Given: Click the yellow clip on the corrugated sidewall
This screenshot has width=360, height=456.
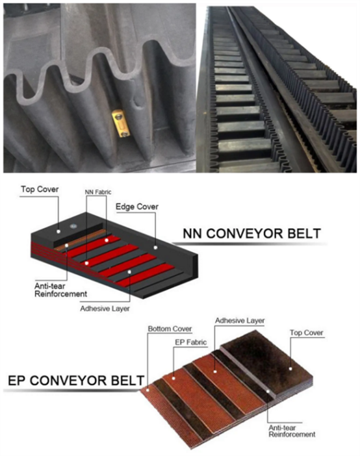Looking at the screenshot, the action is click(x=120, y=123).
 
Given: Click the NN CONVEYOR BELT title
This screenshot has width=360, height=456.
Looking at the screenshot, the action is click(x=251, y=234).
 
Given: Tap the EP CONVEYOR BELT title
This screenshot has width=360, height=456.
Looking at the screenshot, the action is click(x=76, y=381).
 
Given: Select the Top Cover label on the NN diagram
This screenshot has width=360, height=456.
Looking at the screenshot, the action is click(x=40, y=189).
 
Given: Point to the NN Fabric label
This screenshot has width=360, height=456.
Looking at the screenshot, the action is click(x=98, y=192).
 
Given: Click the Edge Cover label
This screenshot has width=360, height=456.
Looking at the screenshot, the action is click(x=137, y=207).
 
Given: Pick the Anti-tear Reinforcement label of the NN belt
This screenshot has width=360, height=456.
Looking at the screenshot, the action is click(x=60, y=290).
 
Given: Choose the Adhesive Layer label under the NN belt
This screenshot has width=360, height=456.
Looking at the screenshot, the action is click(x=105, y=309).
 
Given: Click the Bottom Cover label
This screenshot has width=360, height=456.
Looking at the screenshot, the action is click(x=170, y=329).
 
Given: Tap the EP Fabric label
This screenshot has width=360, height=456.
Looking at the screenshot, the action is click(x=191, y=342).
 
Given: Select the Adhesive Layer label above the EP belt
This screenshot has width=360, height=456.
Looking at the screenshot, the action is click(x=240, y=321).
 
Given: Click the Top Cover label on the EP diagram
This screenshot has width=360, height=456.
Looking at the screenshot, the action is click(x=307, y=333).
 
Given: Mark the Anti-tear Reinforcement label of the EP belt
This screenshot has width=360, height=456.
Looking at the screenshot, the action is click(x=292, y=431).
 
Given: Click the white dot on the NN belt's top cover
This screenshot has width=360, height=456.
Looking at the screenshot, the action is click(x=58, y=231).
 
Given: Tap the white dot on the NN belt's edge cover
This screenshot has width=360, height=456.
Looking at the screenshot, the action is click(x=155, y=247).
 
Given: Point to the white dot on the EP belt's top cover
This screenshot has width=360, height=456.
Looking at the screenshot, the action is click(x=290, y=369).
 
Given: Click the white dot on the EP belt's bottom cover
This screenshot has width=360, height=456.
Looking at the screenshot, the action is click(x=148, y=390).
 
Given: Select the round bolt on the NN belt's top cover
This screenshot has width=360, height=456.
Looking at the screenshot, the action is click(x=73, y=225).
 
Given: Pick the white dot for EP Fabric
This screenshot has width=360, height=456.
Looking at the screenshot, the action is click(x=174, y=378).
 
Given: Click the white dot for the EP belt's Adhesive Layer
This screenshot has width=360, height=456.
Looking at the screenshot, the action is click(x=215, y=372).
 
